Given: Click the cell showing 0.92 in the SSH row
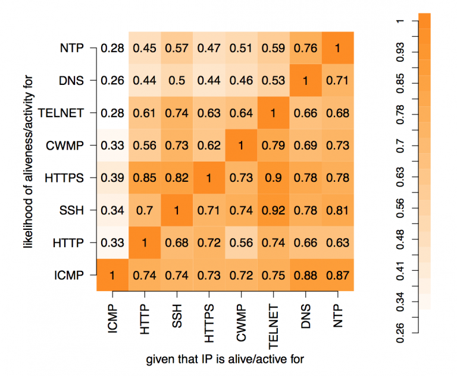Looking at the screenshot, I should tap(273, 210).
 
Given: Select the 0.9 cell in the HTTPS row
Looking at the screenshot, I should tap(273, 178).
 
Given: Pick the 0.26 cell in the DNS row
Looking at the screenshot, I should tap(112, 81).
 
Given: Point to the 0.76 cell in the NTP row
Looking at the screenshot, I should tap(305, 48).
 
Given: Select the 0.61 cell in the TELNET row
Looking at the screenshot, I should tap(144, 113).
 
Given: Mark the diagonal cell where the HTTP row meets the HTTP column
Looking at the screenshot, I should tap(144, 242).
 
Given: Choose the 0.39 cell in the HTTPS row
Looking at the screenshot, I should tap(112, 178).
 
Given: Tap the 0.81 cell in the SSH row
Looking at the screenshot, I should tap(337, 210).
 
